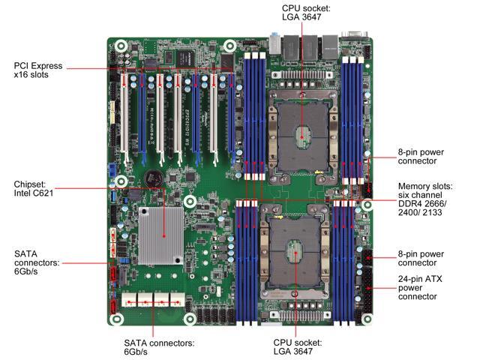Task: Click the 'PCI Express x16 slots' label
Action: [x=38, y=70]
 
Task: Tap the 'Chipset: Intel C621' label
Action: [x=33, y=188]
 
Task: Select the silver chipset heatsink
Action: [x=160, y=235]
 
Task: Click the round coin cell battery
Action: [x=153, y=178]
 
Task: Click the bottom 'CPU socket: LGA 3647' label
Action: [x=298, y=346]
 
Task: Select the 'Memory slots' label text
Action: [x=425, y=186]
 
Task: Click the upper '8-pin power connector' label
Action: [x=421, y=157]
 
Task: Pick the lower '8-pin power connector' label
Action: [x=421, y=258]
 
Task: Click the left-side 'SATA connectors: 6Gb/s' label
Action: [x=37, y=262]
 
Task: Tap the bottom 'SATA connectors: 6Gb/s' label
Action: [x=159, y=347]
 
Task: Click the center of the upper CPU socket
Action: [x=301, y=136]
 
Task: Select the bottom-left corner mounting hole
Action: [x=116, y=319]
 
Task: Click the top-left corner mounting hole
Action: [x=121, y=46]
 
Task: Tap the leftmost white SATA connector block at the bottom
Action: [x=129, y=300]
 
